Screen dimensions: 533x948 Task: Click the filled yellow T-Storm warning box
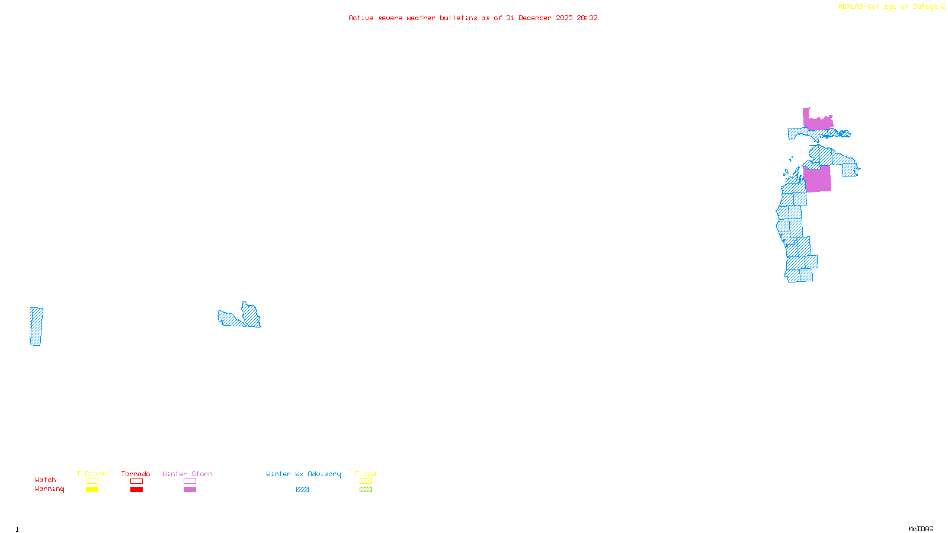[92, 490]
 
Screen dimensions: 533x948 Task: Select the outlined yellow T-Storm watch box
[92, 481]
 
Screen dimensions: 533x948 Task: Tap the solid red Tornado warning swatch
[136, 490]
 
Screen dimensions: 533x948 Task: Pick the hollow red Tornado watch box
[136, 481]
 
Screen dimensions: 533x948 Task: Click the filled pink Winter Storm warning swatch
[190, 490]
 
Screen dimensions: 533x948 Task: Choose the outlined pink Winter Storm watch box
[190, 481]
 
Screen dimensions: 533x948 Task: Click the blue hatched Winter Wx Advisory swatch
[302, 490]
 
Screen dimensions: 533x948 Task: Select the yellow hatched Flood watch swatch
[366, 481]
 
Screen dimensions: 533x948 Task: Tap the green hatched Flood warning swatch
[366, 490]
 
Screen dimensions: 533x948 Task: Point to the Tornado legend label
[136, 474]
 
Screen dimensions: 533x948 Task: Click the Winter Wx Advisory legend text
[303, 474]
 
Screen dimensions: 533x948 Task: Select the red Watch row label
[46, 480]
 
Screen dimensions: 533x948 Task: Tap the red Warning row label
[49, 489]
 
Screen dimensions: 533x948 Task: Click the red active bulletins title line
[473, 18]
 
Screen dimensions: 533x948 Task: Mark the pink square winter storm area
[818, 179]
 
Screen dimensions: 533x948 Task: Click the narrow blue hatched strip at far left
[36, 326]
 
